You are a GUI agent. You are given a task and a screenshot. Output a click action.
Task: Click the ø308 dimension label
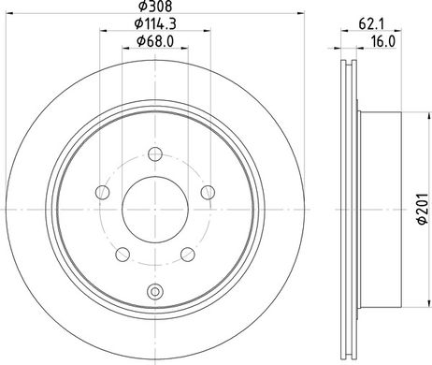click(x=155, y=7)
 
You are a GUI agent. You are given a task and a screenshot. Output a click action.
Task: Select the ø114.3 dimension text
click(x=155, y=23)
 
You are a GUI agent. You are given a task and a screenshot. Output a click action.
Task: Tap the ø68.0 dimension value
click(x=155, y=41)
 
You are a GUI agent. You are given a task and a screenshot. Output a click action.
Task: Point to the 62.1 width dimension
click(x=371, y=24)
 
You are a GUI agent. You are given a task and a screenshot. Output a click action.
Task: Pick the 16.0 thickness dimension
click(x=383, y=41)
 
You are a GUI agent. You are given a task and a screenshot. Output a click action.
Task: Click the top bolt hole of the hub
click(x=155, y=153)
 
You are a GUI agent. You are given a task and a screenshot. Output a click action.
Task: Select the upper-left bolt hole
click(x=102, y=192)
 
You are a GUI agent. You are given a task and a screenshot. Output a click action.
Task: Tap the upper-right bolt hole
click(x=208, y=192)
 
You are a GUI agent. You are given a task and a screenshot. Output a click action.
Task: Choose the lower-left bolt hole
click(x=122, y=255)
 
